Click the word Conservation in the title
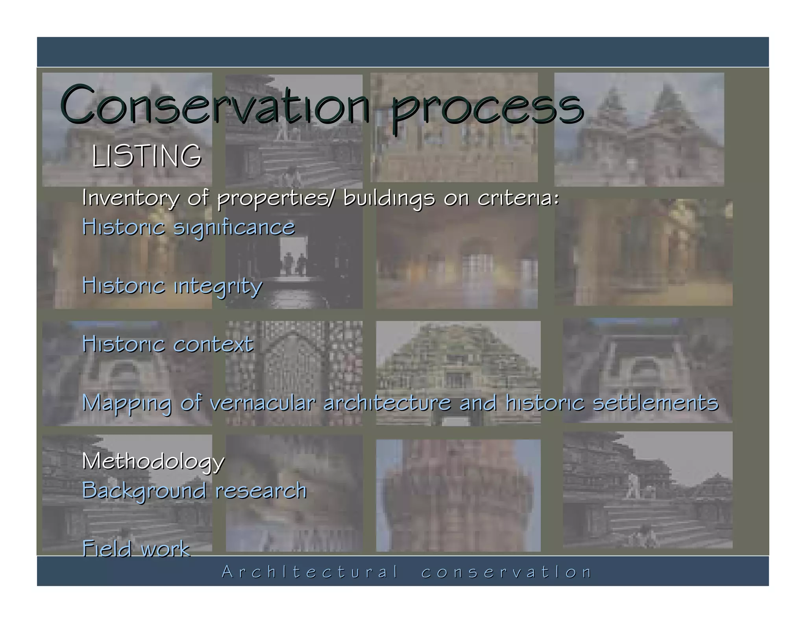pos(214,104)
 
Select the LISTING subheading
pos(146,156)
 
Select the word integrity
pos(218,286)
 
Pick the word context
pos(213,344)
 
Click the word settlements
pos(655,403)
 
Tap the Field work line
pos(136,549)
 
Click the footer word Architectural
pos(310,572)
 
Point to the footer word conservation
pos(506,572)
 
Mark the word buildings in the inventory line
pos(389,198)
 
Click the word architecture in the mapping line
pos(387,403)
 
